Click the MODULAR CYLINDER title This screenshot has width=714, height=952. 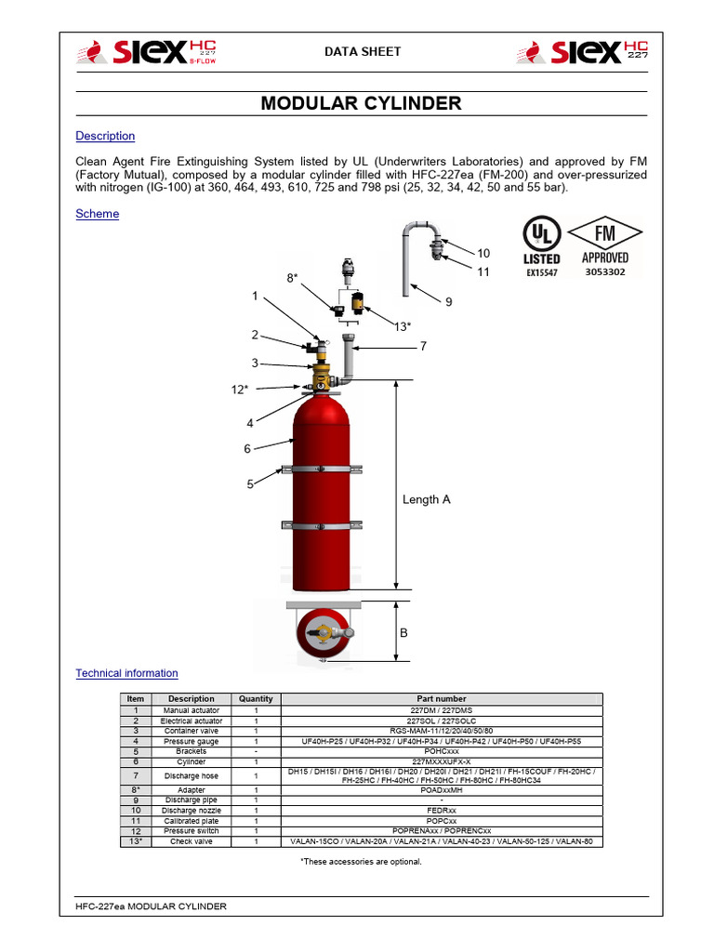(361, 103)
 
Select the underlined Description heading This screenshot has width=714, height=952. (105, 136)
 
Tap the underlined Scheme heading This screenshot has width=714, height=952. (97, 214)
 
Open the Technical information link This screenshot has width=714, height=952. (126, 673)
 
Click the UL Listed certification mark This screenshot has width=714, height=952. (541, 246)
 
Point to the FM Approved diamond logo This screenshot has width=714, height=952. (604, 246)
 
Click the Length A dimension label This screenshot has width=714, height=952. (426, 499)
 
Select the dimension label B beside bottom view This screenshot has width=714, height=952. (403, 632)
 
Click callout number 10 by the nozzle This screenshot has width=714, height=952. (483, 253)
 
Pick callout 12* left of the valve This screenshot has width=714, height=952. (240, 389)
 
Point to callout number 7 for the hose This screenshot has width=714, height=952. (422, 346)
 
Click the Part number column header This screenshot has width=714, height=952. (442, 698)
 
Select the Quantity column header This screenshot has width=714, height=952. (256, 698)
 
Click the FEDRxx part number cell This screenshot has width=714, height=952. (442, 810)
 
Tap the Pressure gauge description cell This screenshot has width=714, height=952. (191, 741)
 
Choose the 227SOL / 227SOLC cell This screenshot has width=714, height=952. (442, 721)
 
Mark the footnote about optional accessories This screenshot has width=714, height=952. (361, 861)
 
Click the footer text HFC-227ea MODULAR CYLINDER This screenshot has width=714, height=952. (151, 906)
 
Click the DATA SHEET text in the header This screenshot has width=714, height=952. (360, 51)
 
